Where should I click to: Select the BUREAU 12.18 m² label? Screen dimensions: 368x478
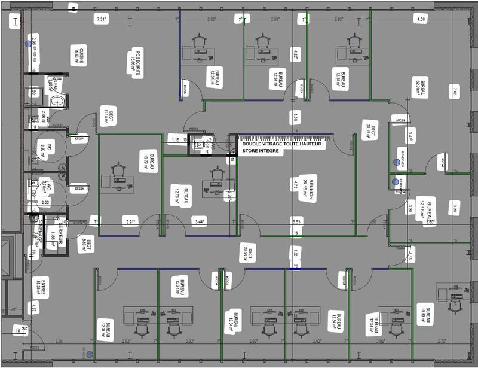click(426, 210)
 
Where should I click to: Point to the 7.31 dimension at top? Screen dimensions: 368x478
click(102, 19)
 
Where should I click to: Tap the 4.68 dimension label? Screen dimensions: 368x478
click(422, 20)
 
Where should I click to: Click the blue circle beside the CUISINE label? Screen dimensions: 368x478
click(27, 44)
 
